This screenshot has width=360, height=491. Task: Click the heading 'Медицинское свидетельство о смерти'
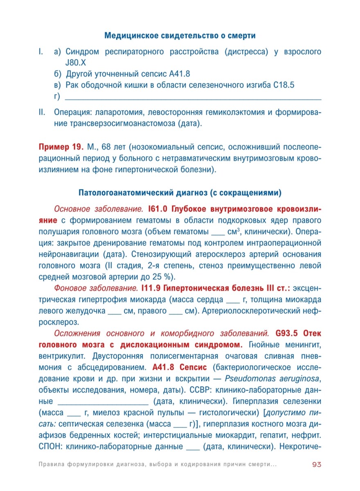(x=180, y=36)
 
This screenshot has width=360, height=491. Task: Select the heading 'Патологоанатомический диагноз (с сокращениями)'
(x=180, y=192)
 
